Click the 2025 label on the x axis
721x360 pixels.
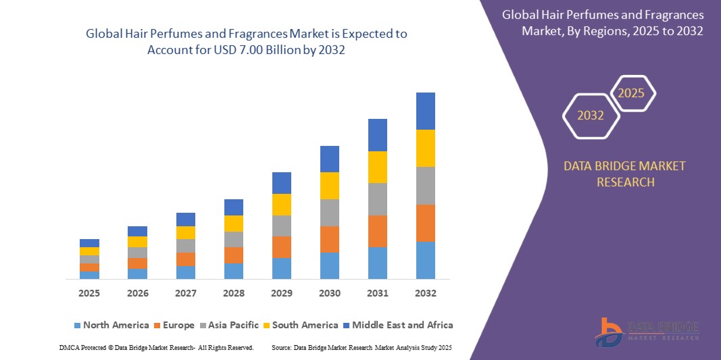pyautogui.click(x=89, y=293)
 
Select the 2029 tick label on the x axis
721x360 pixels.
pyautogui.click(x=282, y=293)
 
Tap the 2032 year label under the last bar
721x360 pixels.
pyautogui.click(x=426, y=293)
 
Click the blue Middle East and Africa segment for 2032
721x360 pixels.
pyautogui.click(x=426, y=111)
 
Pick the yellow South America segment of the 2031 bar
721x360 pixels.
pyautogui.click(x=378, y=167)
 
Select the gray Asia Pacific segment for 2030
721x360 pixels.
pyautogui.click(x=330, y=212)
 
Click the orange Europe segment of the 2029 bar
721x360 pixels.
pyautogui.click(x=282, y=247)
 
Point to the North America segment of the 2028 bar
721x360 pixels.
pyautogui.click(x=234, y=271)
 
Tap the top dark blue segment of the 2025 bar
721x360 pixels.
pyautogui.click(x=89, y=242)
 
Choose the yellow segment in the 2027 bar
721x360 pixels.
pyautogui.click(x=186, y=232)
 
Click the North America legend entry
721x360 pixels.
pyautogui.click(x=111, y=325)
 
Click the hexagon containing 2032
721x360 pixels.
pyautogui.click(x=591, y=115)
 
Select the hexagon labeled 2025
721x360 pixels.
pyautogui.click(x=632, y=93)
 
